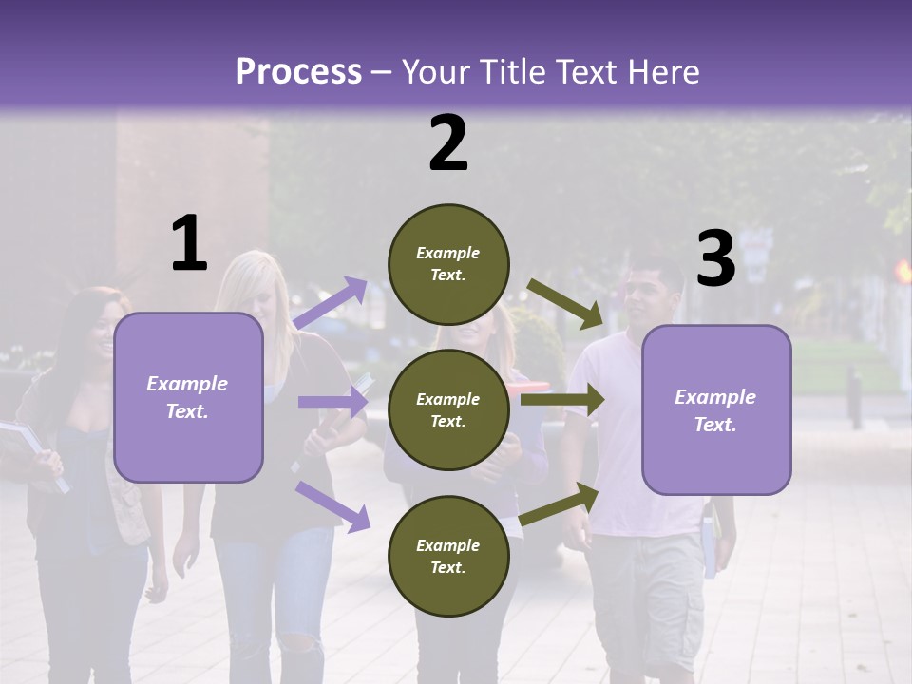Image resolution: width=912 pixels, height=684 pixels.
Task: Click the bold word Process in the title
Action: pos(298,71)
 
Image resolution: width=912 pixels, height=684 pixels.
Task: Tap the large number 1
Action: pos(189,244)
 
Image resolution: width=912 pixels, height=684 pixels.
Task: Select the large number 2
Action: pos(448,143)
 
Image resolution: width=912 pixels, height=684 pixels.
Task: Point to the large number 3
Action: pos(715,259)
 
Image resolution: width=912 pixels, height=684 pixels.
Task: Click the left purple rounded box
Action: pos(188,397)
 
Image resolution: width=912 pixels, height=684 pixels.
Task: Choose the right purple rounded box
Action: pos(716,410)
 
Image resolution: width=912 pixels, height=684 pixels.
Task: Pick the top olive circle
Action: pos(448,264)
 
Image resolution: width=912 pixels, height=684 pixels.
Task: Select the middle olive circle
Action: pos(448,410)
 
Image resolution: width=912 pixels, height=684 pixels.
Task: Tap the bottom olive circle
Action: pos(448,557)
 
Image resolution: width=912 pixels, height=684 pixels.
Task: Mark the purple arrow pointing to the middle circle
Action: pos(332,402)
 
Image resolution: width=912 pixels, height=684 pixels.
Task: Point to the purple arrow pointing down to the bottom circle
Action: pos(332,505)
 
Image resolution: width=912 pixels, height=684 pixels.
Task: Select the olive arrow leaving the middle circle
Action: pos(562,400)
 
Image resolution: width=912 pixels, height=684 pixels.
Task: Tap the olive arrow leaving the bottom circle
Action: pos(560,504)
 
